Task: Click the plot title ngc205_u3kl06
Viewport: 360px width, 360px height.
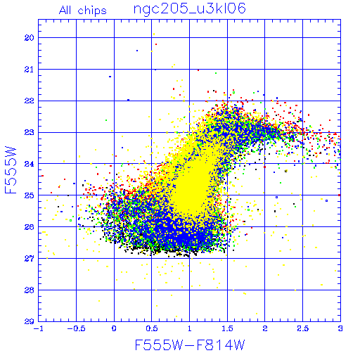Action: (x=189, y=9)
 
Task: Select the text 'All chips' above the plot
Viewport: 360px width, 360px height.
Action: (x=83, y=11)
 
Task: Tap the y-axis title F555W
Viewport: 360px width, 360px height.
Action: (x=11, y=170)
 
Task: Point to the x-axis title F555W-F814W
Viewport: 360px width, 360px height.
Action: (x=190, y=345)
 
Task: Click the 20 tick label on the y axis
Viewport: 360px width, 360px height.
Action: (x=30, y=38)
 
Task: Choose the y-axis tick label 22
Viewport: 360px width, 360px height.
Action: (x=30, y=101)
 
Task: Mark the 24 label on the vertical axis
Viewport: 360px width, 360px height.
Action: (x=30, y=164)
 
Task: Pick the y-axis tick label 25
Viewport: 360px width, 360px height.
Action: (x=30, y=195)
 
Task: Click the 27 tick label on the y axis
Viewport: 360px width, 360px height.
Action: (x=30, y=259)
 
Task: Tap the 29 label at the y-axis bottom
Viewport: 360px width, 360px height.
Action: (x=30, y=321)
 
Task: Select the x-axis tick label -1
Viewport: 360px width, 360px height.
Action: (x=39, y=328)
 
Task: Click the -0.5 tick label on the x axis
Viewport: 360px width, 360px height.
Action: (x=77, y=328)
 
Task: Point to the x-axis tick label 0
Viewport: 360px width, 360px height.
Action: (x=114, y=328)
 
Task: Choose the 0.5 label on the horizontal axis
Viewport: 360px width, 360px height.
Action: (x=152, y=328)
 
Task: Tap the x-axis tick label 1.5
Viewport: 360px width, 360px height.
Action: (x=227, y=328)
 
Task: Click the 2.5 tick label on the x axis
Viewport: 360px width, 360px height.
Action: (x=303, y=328)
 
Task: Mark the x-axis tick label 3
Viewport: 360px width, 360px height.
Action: (x=340, y=328)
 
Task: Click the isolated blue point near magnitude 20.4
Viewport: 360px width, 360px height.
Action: (x=137, y=51)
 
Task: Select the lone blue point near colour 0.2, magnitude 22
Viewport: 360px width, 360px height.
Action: (x=128, y=100)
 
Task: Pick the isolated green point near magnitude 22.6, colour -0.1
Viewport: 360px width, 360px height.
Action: (x=106, y=120)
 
